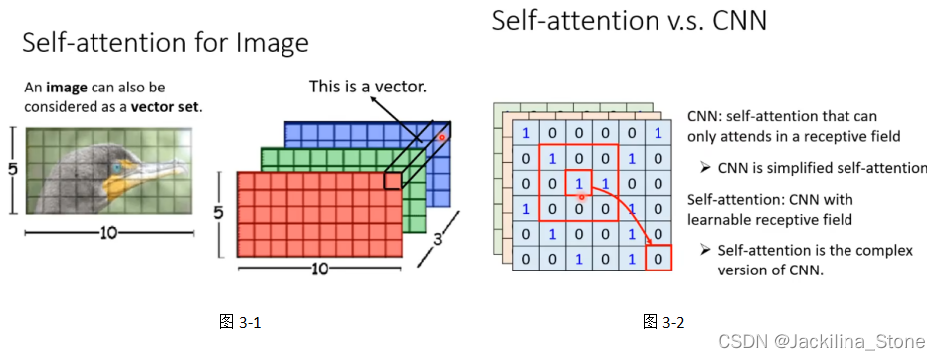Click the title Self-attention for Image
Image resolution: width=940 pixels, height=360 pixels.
click(x=165, y=43)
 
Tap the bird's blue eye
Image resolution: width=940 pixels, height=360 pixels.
click(x=117, y=169)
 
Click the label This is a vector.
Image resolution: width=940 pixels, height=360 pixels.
click(x=368, y=88)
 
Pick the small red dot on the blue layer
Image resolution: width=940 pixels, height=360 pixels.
click(x=441, y=137)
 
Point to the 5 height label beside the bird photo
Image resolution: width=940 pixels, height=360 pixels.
click(x=12, y=170)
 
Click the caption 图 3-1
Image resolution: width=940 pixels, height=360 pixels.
click(x=240, y=321)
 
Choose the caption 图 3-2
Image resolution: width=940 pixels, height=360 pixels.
click(x=663, y=321)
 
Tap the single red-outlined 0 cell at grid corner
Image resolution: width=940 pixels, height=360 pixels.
click(x=656, y=260)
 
